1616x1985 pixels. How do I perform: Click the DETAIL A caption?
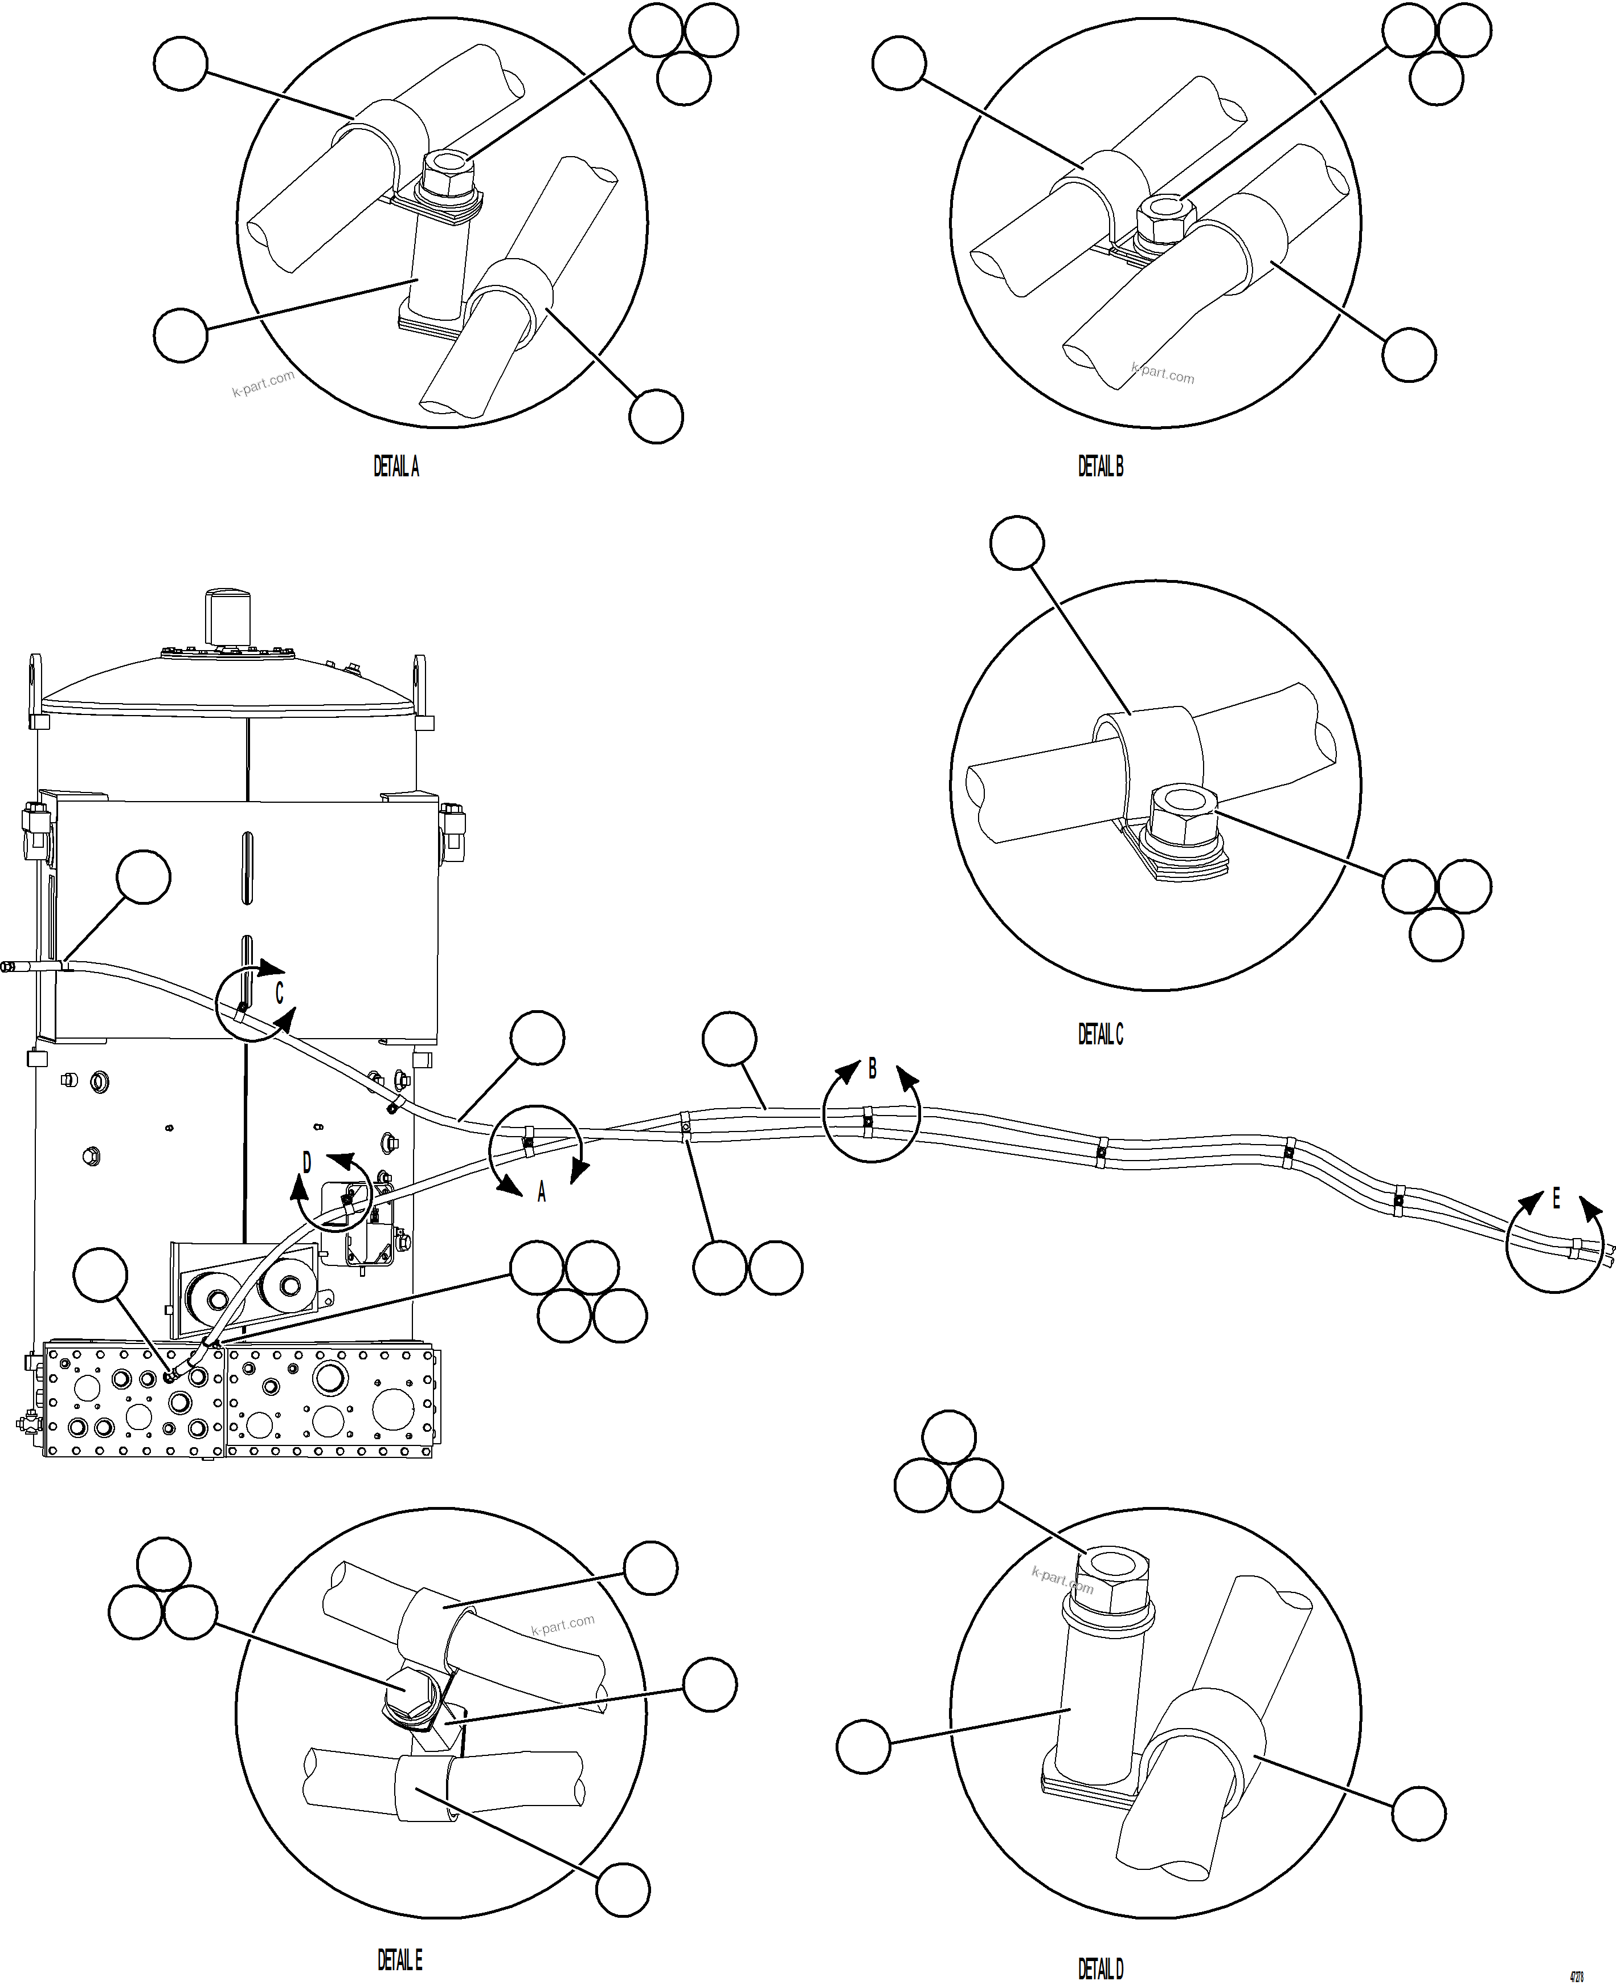[396, 467]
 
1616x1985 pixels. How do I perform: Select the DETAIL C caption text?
[1100, 1035]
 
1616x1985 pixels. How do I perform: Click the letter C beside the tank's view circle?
[279, 994]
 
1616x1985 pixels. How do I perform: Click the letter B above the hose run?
[872, 1069]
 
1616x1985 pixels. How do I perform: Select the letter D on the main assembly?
[307, 1163]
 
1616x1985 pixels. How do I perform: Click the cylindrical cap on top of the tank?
[229, 615]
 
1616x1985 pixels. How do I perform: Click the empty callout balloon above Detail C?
[1017, 543]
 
